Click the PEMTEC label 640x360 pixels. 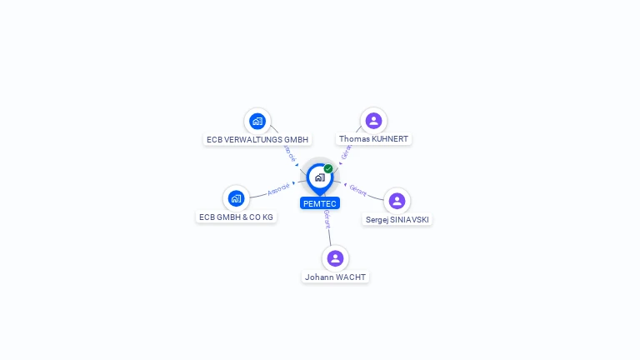pos(320,203)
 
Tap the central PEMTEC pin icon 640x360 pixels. pos(319,177)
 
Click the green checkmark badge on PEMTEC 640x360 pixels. pos(328,169)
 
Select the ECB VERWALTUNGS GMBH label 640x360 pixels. pos(257,139)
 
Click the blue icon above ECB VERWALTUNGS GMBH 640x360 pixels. pos(257,121)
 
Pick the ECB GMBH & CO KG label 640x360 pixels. pos(236,217)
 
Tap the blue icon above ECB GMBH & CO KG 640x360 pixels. pos(236,198)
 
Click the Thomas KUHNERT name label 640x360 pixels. pos(374,139)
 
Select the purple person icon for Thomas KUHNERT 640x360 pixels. pos(373,121)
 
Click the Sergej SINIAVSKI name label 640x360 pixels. pos(398,220)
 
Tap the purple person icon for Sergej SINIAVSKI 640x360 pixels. pos(397,201)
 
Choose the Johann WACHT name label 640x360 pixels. pos(335,277)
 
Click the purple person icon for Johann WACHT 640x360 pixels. pos(335,258)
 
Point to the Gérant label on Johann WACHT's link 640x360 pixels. pos(327,220)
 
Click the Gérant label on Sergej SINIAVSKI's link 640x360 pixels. pos(358,190)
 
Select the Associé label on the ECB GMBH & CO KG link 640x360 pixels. pos(278,189)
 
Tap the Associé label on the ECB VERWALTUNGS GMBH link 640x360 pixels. pos(290,152)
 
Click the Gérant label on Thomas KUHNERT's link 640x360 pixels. pos(346,151)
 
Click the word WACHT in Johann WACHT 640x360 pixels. pos(349,277)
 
